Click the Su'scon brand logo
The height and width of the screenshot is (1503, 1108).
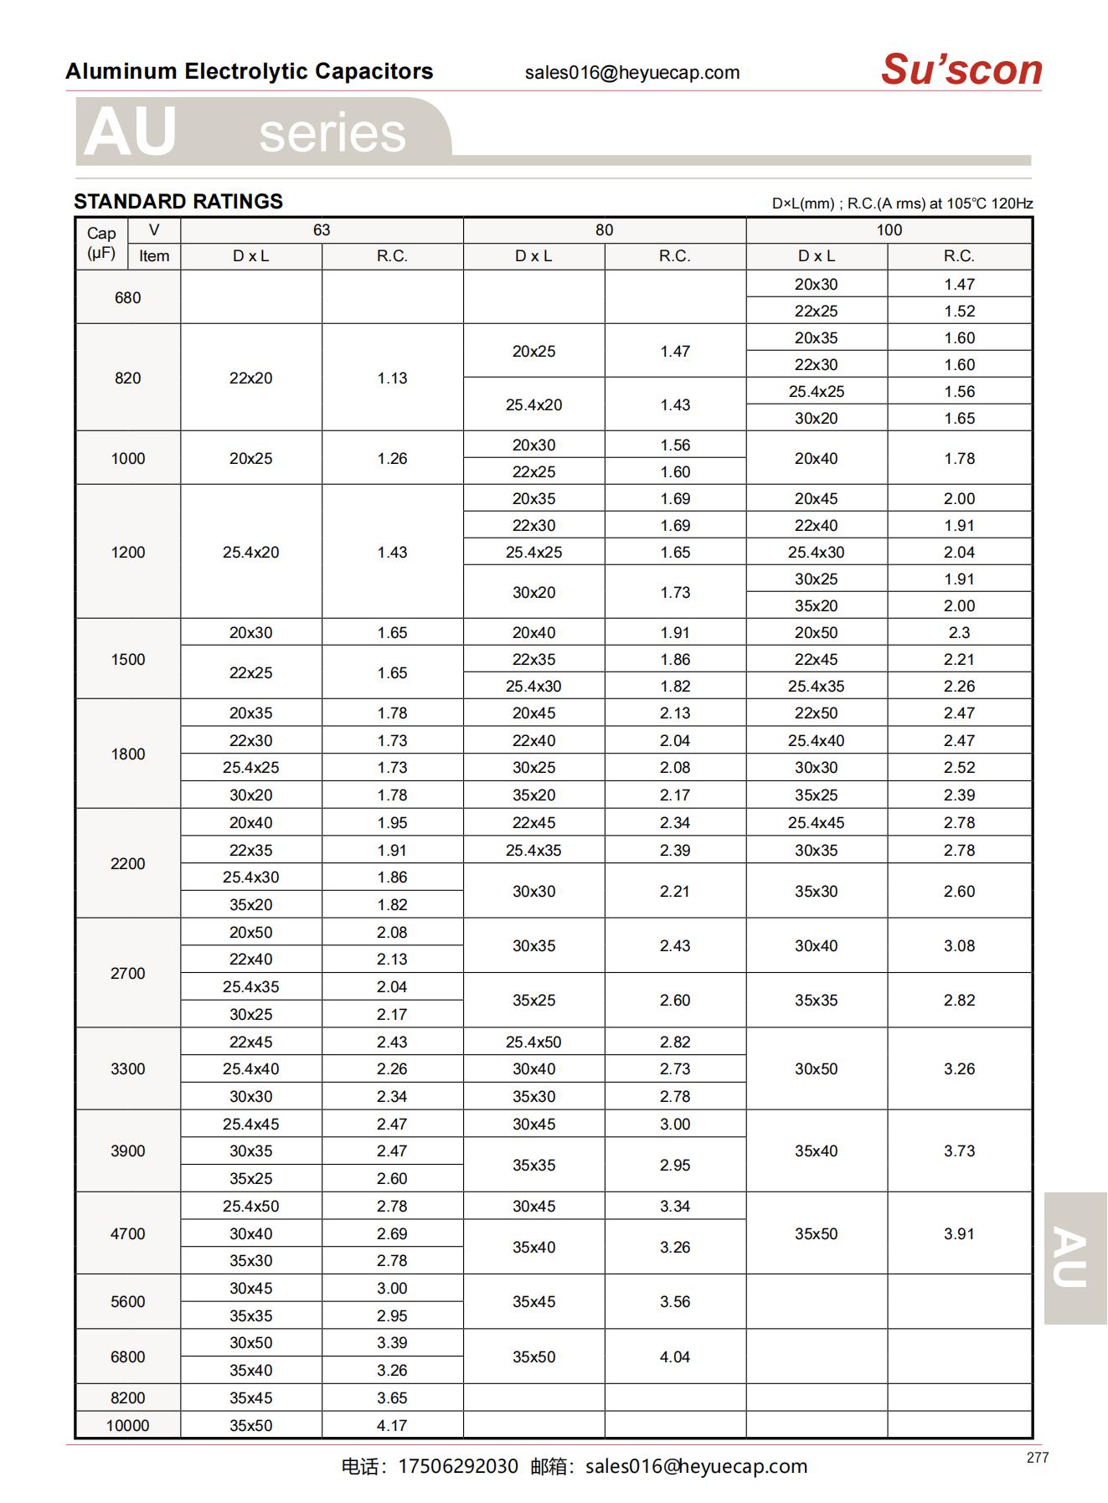coord(961,69)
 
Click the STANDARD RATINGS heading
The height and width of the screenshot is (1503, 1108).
coord(178,202)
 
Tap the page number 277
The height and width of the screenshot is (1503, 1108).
coord(1037,1458)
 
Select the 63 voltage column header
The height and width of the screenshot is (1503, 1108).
coord(322,230)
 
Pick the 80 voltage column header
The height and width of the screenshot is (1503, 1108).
coord(604,230)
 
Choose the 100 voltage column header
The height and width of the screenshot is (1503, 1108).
coord(889,230)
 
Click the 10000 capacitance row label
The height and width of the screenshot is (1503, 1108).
coord(127,1425)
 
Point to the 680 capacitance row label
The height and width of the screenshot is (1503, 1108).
coord(127,297)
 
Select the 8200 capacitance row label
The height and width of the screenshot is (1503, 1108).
coord(127,1397)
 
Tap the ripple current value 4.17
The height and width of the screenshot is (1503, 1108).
coord(392,1425)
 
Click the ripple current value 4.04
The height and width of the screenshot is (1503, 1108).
coord(674,1356)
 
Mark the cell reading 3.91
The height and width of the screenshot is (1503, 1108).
coord(959,1233)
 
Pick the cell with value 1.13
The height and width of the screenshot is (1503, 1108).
coord(392,378)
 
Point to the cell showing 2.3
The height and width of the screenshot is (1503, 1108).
coord(959,632)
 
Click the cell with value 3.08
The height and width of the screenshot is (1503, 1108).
coord(959,945)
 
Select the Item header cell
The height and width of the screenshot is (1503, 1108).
coord(154,256)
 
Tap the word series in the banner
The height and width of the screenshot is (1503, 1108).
coord(332,132)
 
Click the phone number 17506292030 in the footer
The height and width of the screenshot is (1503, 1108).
coord(458,1466)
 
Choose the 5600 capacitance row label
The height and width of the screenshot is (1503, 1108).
coord(127,1301)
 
